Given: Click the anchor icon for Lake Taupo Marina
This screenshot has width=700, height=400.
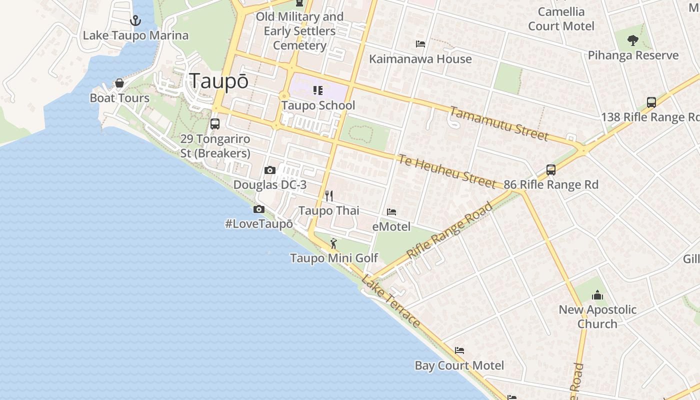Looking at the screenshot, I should click(135, 20).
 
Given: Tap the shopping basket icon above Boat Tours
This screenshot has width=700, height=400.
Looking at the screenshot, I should click(119, 83).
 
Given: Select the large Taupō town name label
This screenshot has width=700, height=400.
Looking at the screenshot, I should click(218, 81).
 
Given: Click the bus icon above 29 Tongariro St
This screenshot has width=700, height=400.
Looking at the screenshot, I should click(215, 123).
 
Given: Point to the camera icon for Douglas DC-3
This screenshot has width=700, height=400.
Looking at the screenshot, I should click(270, 170).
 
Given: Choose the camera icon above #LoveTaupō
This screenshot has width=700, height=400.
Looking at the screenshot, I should click(259, 209).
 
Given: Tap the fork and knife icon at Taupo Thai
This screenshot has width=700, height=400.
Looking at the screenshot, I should click(328, 195).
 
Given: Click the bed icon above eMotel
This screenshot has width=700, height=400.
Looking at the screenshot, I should click(391, 212).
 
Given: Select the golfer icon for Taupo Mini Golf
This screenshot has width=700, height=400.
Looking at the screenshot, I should click(333, 243).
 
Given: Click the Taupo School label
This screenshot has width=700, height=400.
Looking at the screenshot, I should click(318, 105).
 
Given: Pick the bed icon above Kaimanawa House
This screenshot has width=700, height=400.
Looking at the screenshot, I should click(420, 44).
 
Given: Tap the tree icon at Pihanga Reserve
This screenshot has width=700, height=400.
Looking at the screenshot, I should click(632, 40).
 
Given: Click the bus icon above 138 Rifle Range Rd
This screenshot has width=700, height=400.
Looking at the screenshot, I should click(651, 102).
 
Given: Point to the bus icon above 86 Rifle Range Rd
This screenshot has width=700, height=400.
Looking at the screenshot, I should click(551, 169).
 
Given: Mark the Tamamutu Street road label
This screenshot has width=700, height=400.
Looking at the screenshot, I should click(498, 123).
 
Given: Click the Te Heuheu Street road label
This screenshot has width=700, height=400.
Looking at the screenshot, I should click(447, 171).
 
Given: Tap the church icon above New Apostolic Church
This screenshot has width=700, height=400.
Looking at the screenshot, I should click(597, 295).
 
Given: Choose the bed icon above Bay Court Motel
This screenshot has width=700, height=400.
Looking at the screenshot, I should click(459, 350).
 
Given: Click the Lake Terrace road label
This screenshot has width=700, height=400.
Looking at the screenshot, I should click(390, 300).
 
